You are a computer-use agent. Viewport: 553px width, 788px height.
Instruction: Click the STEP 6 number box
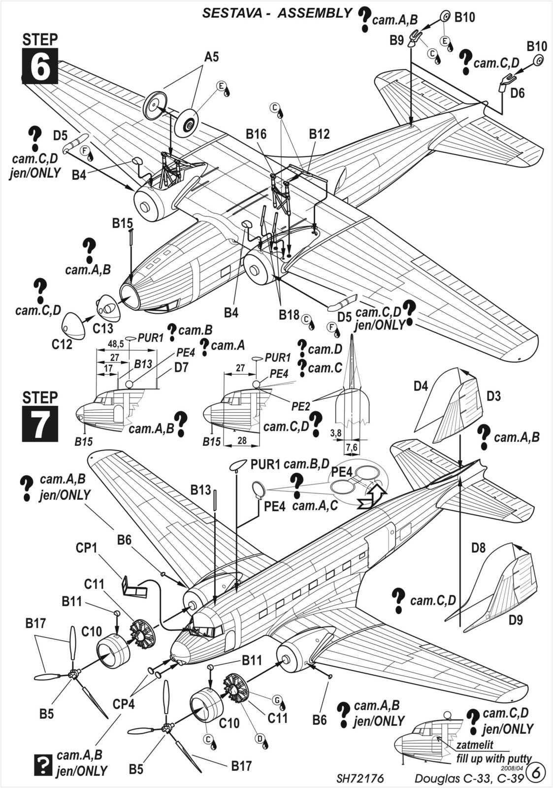pyautogui.click(x=40, y=66)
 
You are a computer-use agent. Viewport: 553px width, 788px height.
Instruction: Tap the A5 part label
pyautogui.click(x=211, y=58)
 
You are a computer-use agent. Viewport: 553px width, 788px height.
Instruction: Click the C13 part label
pyautogui.click(x=103, y=328)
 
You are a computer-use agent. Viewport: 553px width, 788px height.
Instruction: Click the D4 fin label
pyautogui.click(x=421, y=386)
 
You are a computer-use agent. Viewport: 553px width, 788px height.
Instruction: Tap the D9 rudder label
pyautogui.click(x=516, y=620)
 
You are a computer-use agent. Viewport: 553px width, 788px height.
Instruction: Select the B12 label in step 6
pyautogui.click(x=319, y=134)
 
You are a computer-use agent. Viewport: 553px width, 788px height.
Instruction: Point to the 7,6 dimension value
pyautogui.click(x=352, y=447)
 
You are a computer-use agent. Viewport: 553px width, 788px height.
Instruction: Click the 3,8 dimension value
pyautogui.click(x=336, y=433)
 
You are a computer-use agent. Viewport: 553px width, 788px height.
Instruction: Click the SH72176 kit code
pyautogui.click(x=360, y=779)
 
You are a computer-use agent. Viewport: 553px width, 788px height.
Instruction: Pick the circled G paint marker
pyautogui.click(x=277, y=700)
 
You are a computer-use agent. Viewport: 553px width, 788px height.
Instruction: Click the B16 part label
pyautogui.click(x=256, y=134)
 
